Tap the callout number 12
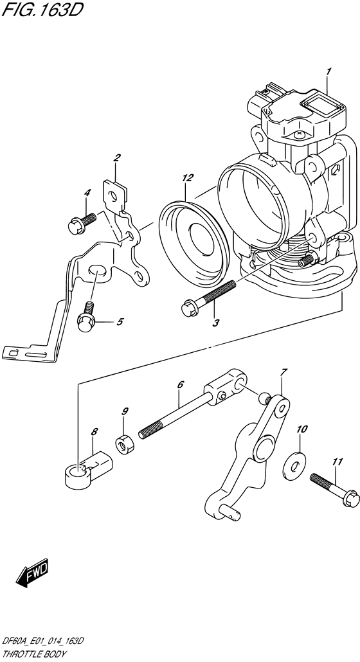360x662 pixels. coord(187,178)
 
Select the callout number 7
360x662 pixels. coord(283,372)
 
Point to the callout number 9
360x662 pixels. coord(125,411)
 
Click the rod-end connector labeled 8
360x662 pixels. coord(89,469)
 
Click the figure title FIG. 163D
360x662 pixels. coord(41,9)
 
